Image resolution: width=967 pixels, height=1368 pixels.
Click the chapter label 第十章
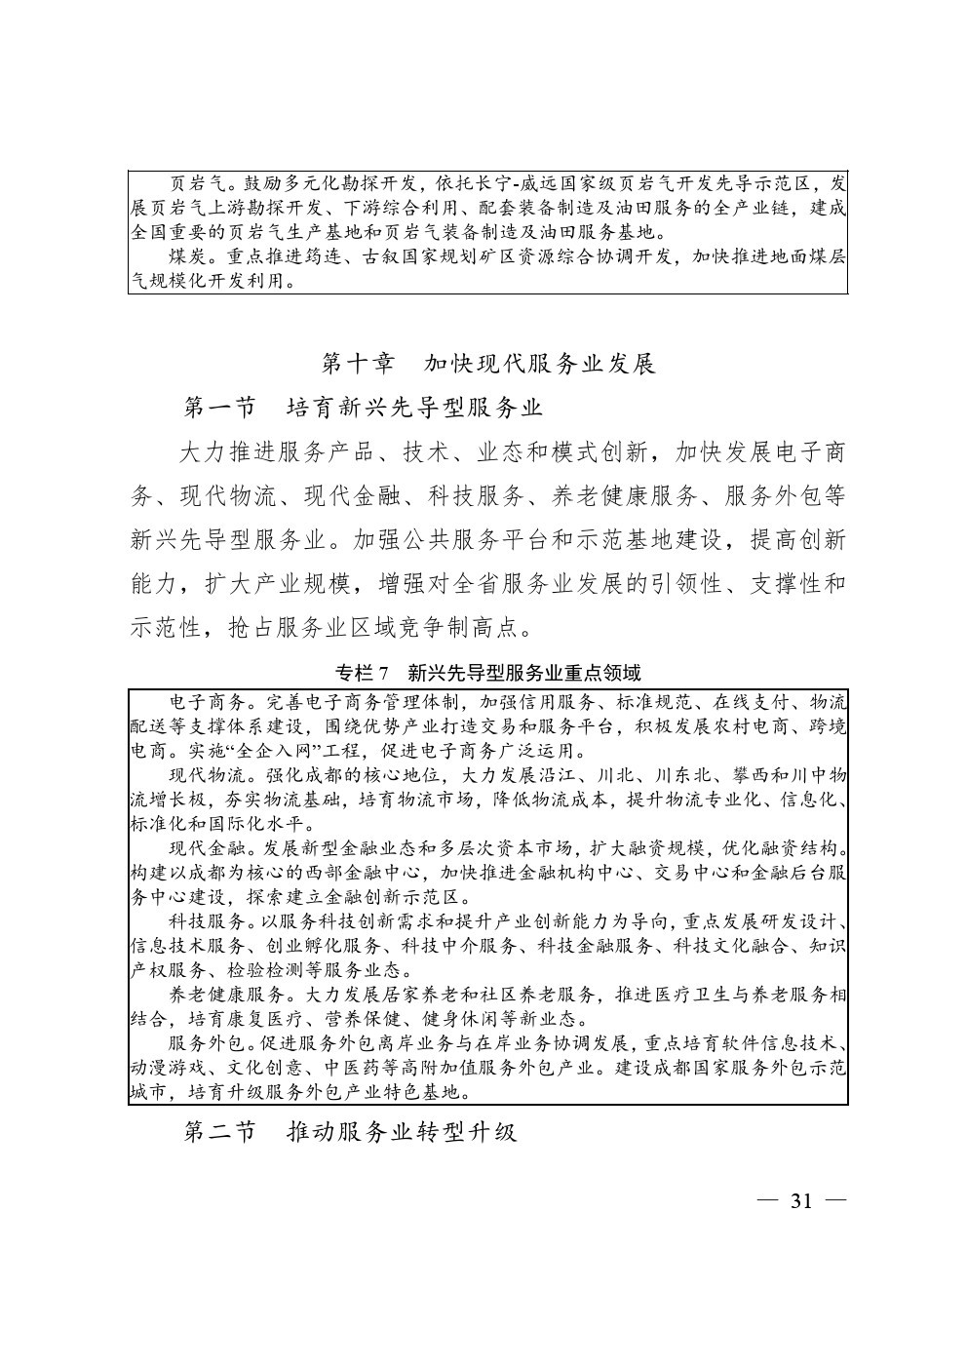[x=358, y=364]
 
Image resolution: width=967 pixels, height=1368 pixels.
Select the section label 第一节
[x=219, y=407]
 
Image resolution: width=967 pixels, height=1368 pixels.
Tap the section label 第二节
[x=219, y=1132]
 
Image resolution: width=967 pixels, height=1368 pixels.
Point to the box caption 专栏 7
[x=362, y=673]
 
